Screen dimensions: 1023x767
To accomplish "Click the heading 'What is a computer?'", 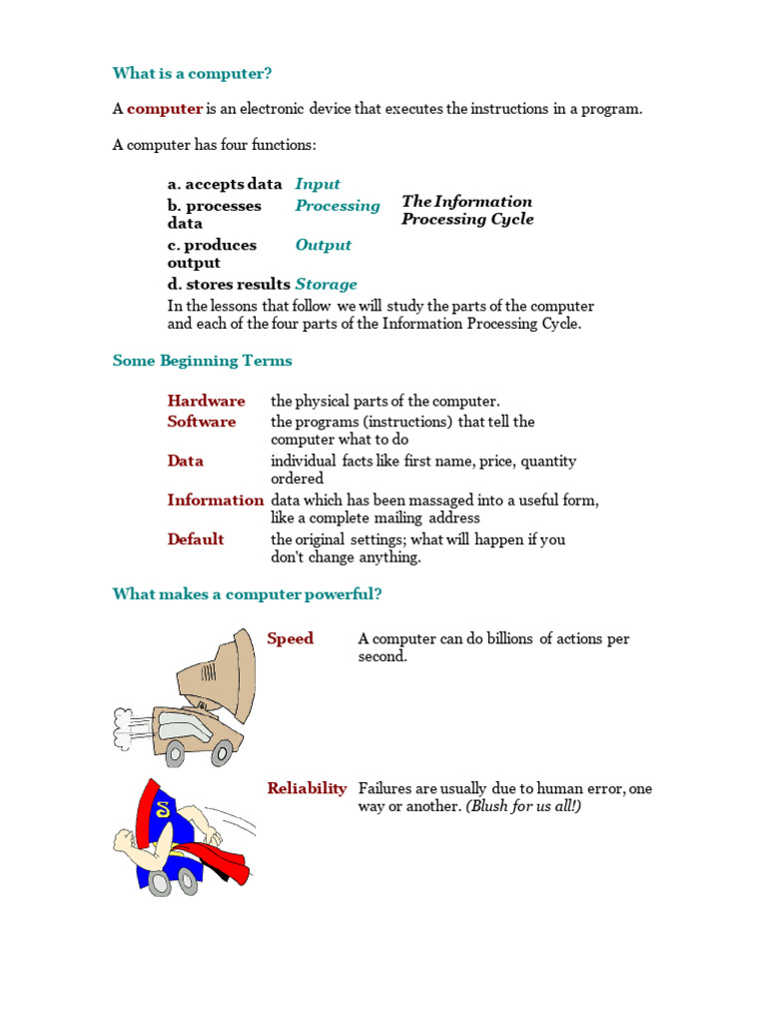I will [x=192, y=73].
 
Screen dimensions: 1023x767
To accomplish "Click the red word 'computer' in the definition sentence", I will [x=165, y=109].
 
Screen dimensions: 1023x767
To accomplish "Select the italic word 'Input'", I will [x=318, y=184].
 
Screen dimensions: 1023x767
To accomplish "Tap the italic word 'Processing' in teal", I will [x=338, y=206].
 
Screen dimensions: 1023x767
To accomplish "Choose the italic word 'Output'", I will [x=324, y=245].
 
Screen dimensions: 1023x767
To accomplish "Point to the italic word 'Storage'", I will [x=326, y=284].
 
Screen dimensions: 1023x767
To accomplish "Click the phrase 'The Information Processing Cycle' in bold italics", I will [x=467, y=210].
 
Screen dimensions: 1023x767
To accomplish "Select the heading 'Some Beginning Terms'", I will [x=202, y=361].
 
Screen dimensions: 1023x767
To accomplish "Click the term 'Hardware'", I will [x=206, y=401].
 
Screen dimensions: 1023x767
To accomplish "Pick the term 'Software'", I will [x=202, y=422].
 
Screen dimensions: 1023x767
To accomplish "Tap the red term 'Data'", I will [x=186, y=461].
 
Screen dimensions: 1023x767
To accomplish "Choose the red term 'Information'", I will [x=215, y=500].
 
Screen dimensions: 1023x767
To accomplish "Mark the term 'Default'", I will [x=196, y=539].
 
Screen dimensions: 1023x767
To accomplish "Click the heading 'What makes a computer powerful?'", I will [x=247, y=594].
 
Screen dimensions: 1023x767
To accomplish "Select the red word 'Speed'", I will [x=291, y=638].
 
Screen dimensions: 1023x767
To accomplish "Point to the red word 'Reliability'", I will [x=307, y=788].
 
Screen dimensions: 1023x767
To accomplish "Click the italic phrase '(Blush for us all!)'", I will [x=523, y=806].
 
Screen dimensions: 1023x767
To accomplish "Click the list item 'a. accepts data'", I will [x=225, y=184].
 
